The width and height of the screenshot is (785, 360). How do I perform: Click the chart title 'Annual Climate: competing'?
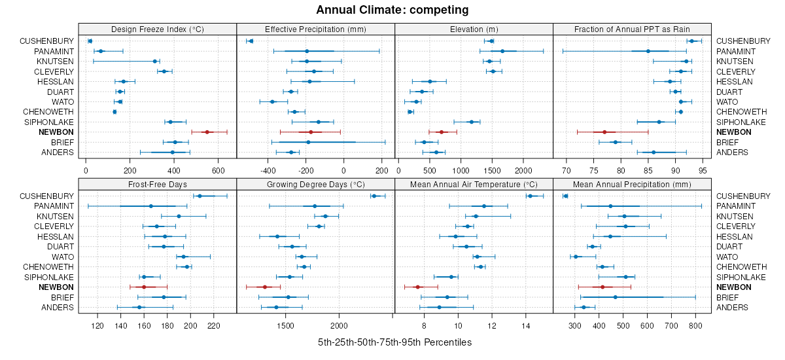coord(392,10)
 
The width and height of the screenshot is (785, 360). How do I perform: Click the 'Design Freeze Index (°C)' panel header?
coord(157,29)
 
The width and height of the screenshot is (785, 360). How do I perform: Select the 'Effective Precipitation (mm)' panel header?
coord(315,29)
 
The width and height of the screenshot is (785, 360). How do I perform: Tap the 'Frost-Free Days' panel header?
coord(157,184)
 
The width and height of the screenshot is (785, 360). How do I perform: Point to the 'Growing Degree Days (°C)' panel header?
coord(315,184)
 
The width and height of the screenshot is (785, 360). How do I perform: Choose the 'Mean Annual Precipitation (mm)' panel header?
coord(632,184)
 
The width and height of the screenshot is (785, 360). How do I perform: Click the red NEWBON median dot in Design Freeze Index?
coord(207,132)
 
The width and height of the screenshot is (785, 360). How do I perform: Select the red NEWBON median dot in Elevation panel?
coord(442,132)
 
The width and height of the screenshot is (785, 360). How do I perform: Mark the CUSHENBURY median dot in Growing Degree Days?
coord(374,196)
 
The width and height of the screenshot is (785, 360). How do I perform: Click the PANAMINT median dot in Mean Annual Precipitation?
coord(610,206)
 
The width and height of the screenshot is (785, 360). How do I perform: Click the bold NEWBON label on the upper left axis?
coord(56,132)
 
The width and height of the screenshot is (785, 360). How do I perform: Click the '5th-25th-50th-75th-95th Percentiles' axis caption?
coord(394,342)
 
